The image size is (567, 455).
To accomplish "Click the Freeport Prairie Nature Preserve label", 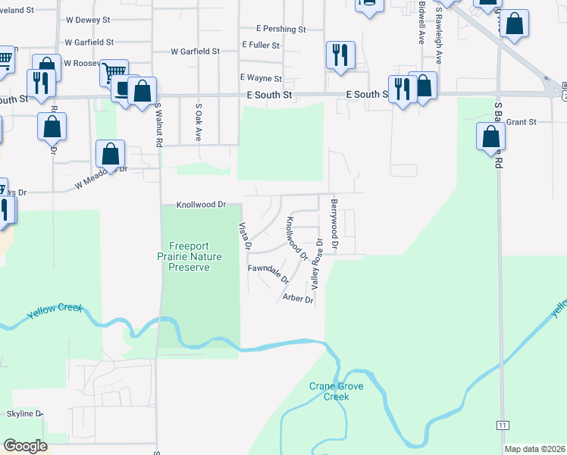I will (x=195, y=256).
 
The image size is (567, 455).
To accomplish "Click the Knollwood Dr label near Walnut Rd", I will (x=202, y=205).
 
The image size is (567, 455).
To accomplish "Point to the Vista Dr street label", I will (x=245, y=236).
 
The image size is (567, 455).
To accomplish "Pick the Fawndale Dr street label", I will (x=268, y=273).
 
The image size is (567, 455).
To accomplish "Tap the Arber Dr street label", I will (x=298, y=300).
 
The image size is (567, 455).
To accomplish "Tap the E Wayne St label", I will (x=261, y=78).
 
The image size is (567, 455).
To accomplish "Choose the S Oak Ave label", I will (x=199, y=123).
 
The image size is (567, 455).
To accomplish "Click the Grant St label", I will (x=521, y=121).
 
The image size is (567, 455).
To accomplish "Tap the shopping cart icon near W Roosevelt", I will (x=114, y=72).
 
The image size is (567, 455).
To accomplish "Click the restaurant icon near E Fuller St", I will (x=339, y=54).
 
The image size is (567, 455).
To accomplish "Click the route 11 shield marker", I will (x=503, y=425).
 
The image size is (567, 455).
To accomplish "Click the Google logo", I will (x=25, y=446).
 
